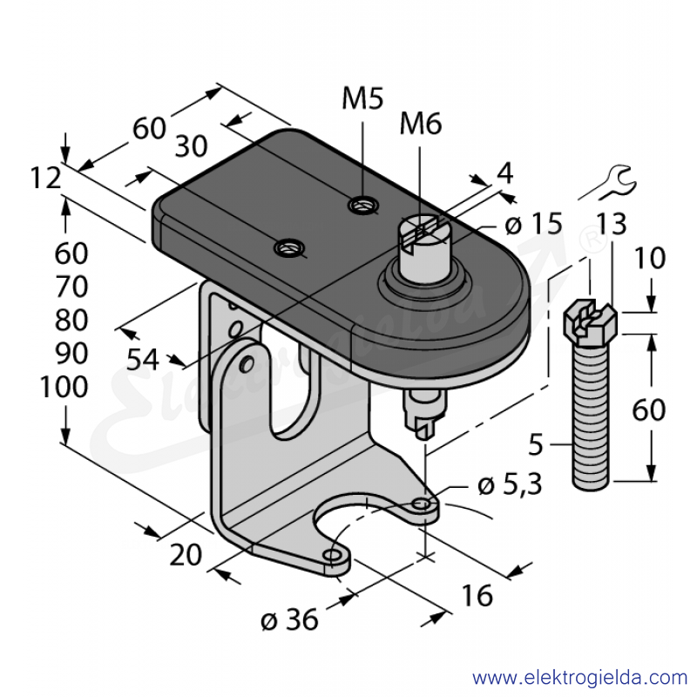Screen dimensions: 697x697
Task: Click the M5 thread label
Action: click(362, 98)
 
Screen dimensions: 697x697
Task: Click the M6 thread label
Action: click(421, 124)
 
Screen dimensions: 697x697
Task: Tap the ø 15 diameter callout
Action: click(534, 224)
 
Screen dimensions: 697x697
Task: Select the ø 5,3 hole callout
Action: click(510, 485)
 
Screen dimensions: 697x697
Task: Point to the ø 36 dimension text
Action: click(289, 619)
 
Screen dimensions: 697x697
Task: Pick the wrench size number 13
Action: click(612, 224)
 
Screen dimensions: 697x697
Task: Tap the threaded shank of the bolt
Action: click(591, 417)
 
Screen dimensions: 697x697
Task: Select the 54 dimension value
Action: click(142, 360)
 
